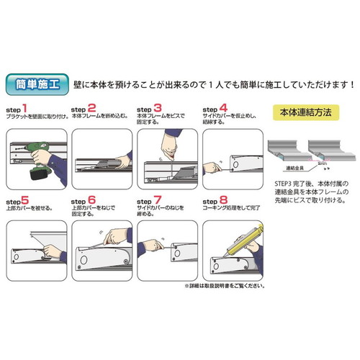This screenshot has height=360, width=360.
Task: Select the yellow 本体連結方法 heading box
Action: point(305,112)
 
